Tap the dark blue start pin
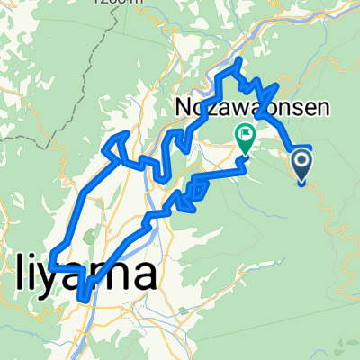[301, 164]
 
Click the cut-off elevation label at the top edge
[122, 3]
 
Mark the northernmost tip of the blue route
[238, 61]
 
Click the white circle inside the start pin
[301, 162]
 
